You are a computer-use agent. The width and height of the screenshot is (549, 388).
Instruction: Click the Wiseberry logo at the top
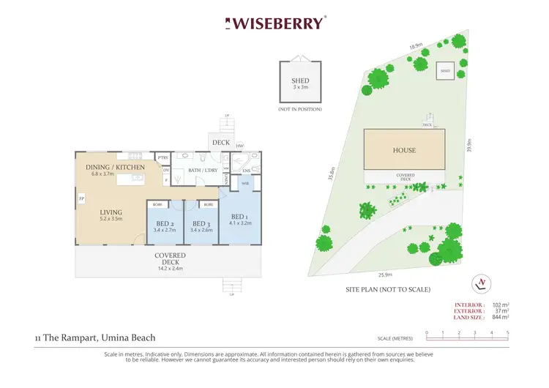pos(274,23)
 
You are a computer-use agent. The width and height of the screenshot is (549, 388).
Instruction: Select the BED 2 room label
pos(165,223)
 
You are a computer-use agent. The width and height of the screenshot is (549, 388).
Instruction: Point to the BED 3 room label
pos(201,223)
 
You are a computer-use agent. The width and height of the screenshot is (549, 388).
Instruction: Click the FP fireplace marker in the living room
pos(81,198)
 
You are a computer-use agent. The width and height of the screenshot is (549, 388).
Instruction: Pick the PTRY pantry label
pos(163,157)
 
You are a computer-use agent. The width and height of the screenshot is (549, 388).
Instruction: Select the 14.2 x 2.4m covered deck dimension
pos(170,268)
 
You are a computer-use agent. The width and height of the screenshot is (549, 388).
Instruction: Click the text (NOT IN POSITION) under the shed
pos(300,109)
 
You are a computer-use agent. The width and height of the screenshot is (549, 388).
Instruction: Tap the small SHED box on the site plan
pos(445,70)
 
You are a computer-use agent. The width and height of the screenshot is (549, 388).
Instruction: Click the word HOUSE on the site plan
pos(403,150)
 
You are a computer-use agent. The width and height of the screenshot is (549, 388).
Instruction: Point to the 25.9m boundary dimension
pos(385,275)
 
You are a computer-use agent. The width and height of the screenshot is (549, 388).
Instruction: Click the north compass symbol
pos(481,283)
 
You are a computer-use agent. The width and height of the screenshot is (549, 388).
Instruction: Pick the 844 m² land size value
pos(501,317)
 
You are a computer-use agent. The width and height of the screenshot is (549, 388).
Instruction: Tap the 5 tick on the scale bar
pos(507,333)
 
